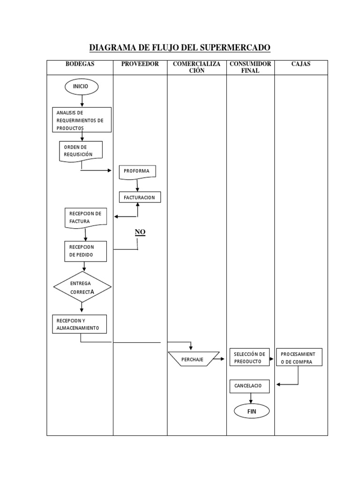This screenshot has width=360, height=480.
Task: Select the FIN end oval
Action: [252, 412]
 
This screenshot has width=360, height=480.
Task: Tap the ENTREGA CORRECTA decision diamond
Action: [82, 287]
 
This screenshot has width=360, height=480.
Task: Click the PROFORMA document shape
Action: [137, 172]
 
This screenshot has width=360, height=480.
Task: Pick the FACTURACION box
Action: [140, 198]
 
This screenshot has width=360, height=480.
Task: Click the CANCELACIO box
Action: [249, 386]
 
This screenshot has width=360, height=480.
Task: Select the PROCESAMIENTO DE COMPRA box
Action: [300, 358]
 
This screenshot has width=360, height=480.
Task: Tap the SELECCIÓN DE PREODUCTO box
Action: [250, 358]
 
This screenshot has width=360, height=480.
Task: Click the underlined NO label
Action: [140, 232]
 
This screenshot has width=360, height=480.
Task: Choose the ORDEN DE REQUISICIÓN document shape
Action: [81, 151]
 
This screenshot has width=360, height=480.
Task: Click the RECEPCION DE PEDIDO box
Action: [85, 251]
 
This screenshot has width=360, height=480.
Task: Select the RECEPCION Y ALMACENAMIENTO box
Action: [79, 324]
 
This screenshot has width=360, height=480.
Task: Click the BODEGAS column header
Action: [80, 64]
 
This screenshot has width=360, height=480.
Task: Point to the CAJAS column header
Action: [301, 64]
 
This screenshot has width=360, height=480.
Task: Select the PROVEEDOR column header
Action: [140, 64]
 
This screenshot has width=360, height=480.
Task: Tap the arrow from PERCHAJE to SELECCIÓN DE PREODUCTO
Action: [220, 360]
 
